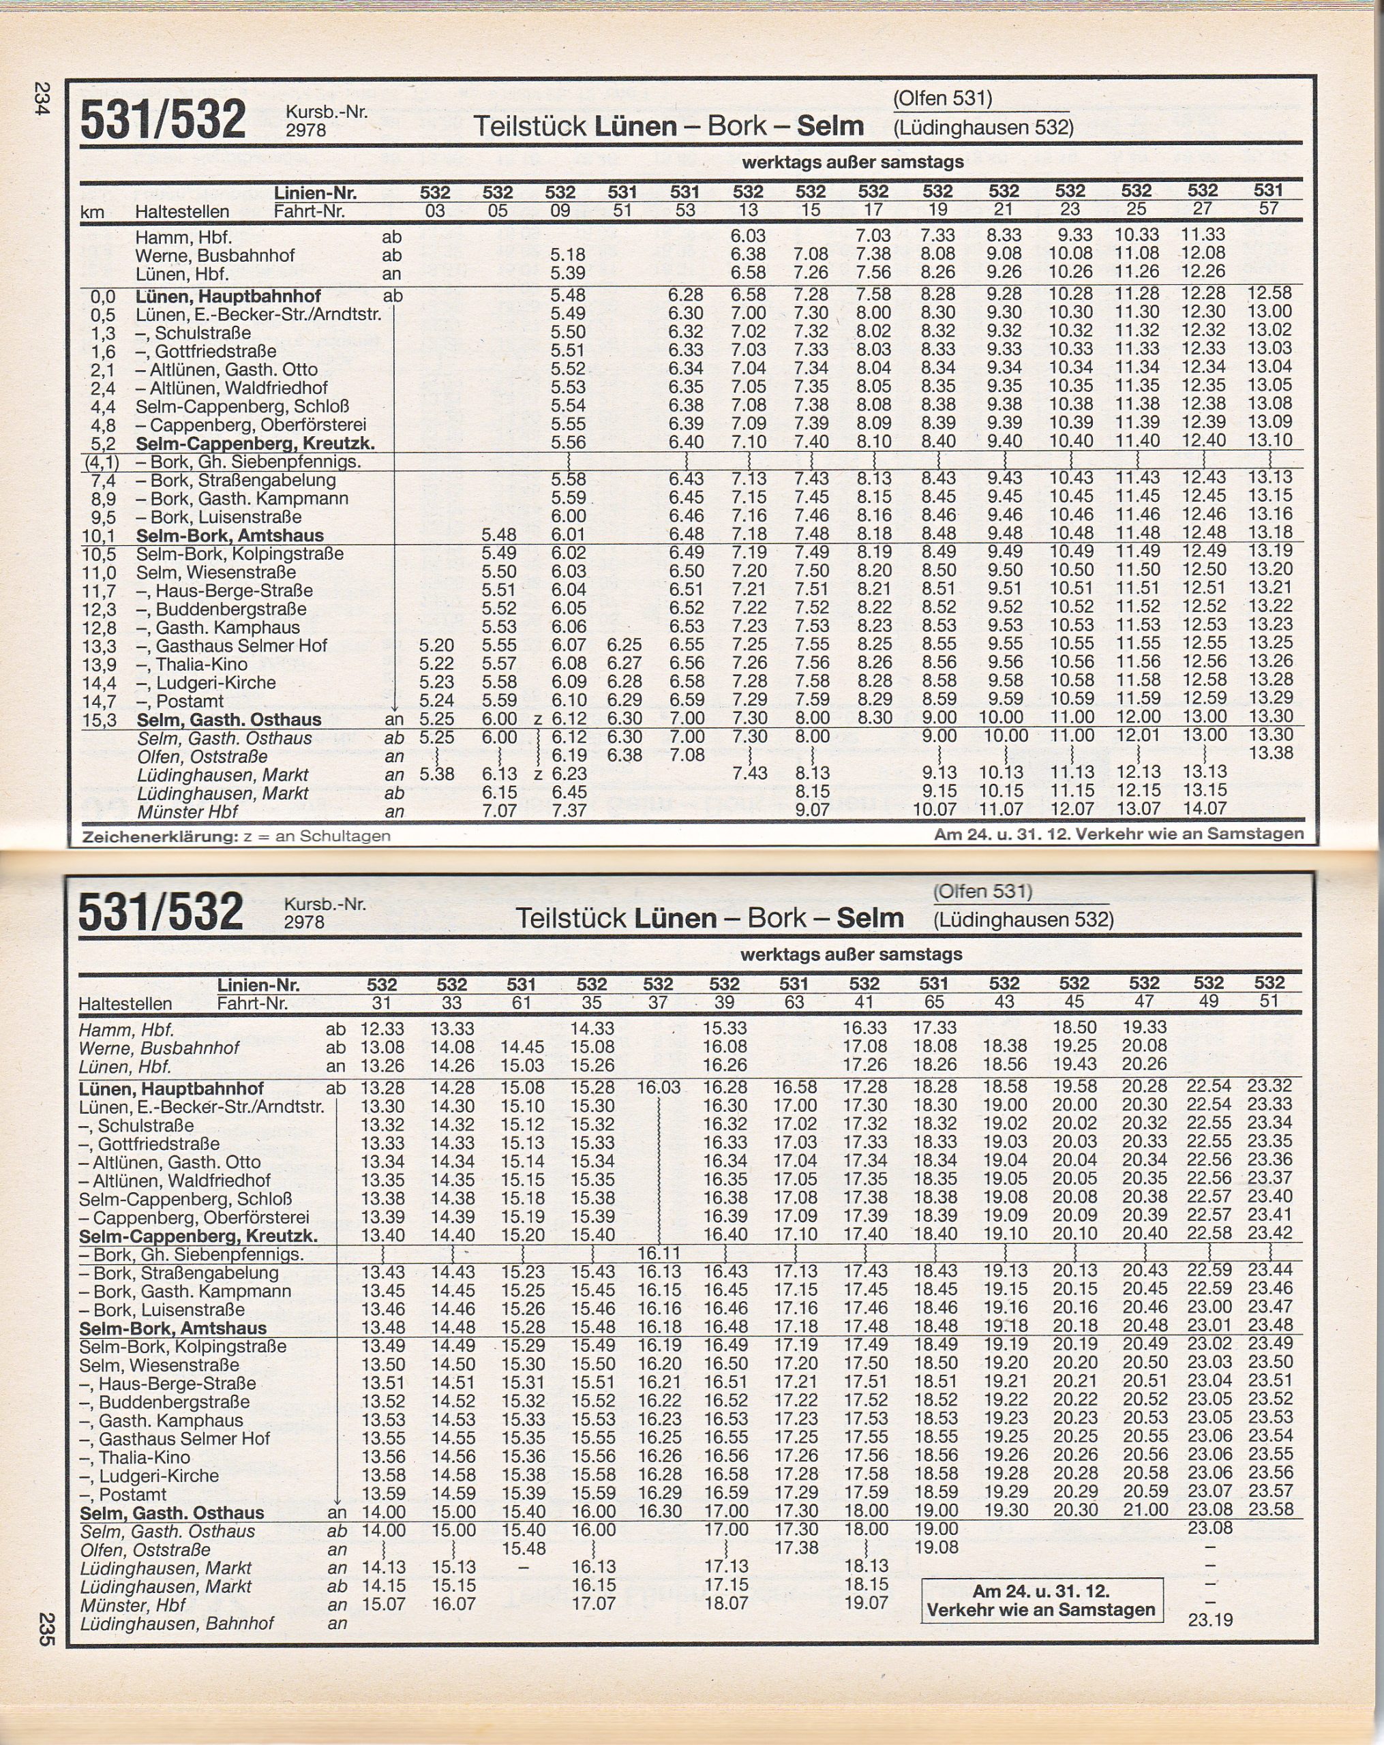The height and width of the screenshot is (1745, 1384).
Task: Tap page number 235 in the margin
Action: (x=45, y=1628)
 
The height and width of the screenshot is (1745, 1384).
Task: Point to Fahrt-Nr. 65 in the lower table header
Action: (x=933, y=1002)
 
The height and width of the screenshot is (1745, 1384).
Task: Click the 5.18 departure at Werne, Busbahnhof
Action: (x=567, y=255)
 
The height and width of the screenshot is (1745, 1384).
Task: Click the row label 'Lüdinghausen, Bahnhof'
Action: (x=177, y=1624)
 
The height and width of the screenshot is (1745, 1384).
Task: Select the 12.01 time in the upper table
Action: (x=1137, y=735)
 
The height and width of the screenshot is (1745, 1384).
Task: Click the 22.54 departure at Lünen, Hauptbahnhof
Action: (x=1208, y=1086)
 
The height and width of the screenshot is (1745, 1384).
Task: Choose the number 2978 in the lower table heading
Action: (x=304, y=922)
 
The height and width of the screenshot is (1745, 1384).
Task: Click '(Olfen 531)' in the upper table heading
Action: (x=942, y=98)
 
